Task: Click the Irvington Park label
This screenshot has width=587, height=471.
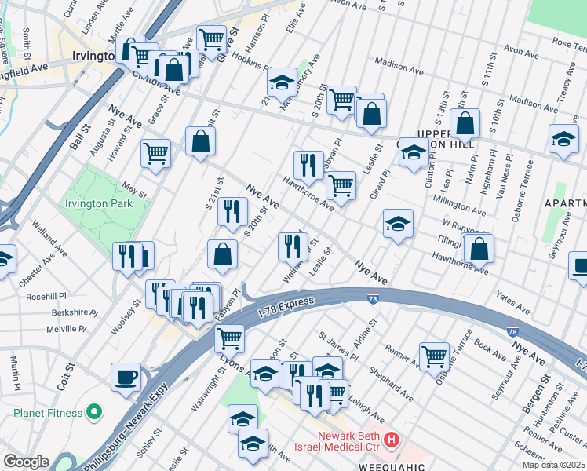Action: [107, 203]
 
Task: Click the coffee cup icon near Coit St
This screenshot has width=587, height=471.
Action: [126, 378]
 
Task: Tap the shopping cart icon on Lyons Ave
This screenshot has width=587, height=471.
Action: [229, 339]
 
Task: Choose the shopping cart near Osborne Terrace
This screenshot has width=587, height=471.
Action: [433, 356]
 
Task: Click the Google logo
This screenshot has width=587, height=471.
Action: [25, 462]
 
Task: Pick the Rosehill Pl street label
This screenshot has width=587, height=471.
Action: [46, 297]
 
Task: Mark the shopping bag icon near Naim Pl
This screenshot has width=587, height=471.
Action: [465, 124]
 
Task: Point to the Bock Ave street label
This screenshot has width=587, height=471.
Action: [490, 345]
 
